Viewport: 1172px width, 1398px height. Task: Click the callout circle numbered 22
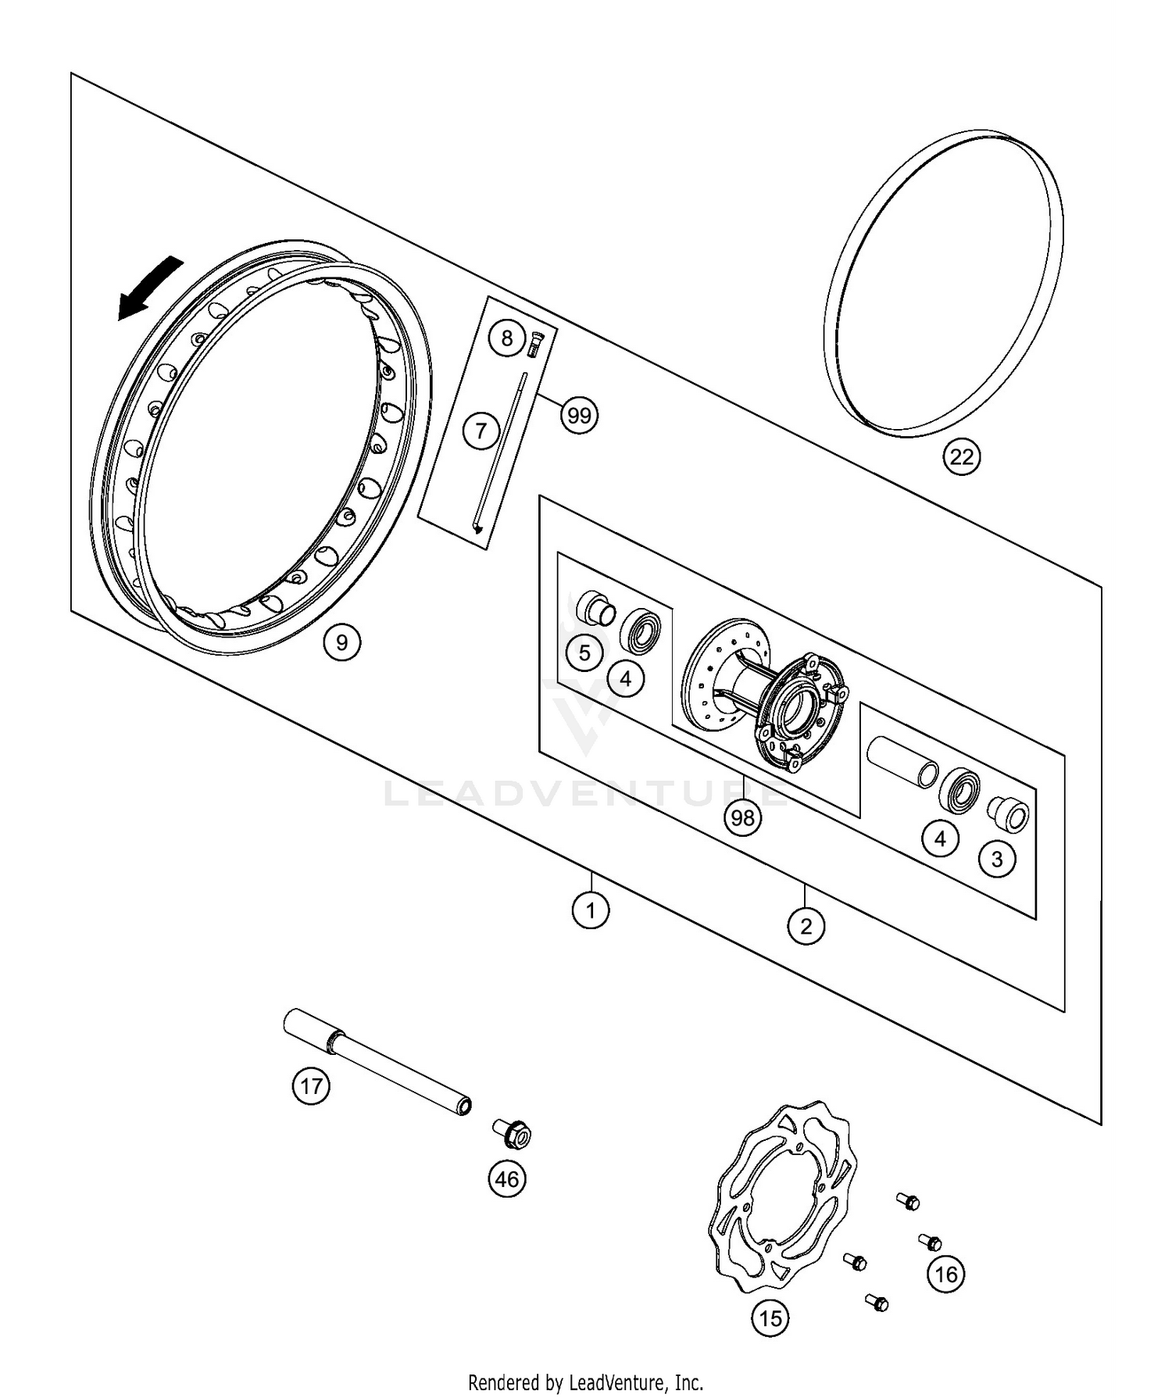[x=961, y=456]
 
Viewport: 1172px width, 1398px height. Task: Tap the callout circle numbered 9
[x=341, y=642]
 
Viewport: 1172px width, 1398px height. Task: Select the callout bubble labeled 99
[x=579, y=416]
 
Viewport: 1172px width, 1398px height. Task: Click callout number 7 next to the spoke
[x=481, y=430]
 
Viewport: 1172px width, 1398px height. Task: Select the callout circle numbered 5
[x=584, y=653]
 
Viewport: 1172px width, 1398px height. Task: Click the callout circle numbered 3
[x=997, y=860]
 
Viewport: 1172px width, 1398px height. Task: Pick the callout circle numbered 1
[x=591, y=910]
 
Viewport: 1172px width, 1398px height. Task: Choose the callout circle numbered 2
[x=806, y=927]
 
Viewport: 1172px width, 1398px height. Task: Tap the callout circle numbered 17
[x=311, y=1086]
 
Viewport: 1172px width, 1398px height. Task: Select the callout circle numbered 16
[x=945, y=1275]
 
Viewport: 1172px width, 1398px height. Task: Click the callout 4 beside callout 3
[x=940, y=839]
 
